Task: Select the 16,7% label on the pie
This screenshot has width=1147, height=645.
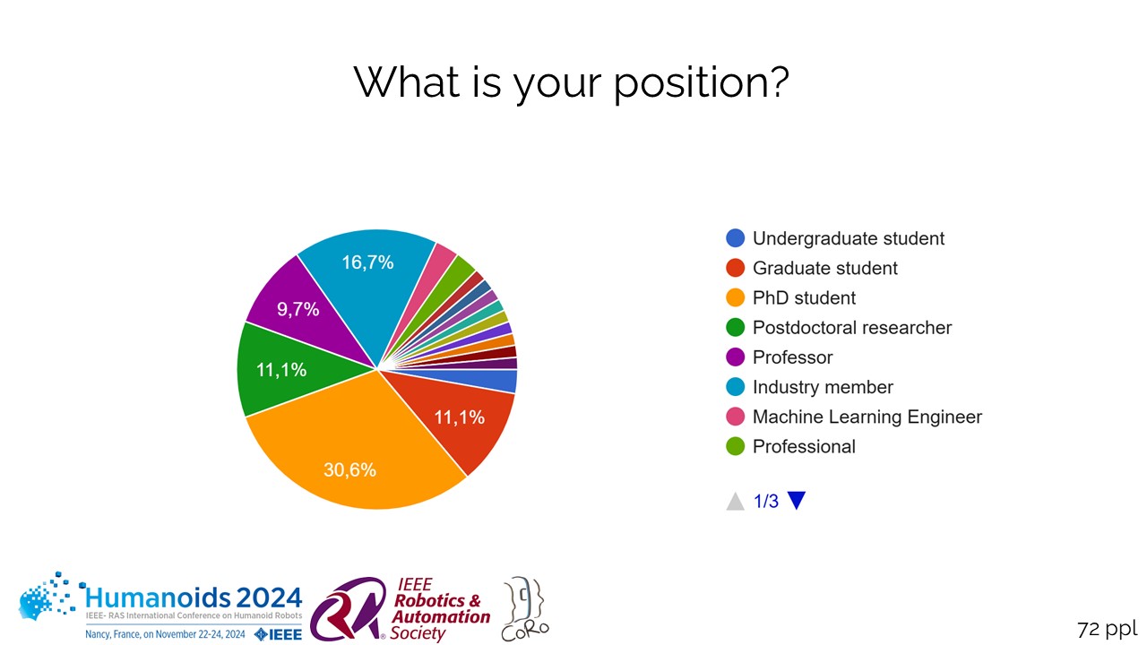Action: [x=367, y=262]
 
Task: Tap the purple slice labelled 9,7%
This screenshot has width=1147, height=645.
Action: [x=298, y=310]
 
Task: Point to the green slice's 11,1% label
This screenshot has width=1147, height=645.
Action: [x=281, y=370]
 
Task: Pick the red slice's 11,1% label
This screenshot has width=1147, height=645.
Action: [x=459, y=417]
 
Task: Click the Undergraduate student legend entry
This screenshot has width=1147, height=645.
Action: [x=848, y=238]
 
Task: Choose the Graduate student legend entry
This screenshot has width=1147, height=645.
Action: [x=824, y=268]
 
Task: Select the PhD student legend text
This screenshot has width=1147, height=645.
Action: [x=804, y=297]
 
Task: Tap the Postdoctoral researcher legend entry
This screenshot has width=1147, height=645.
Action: [x=851, y=327]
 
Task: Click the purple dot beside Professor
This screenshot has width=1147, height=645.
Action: [x=736, y=357]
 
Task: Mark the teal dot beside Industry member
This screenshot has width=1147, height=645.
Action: [x=736, y=387]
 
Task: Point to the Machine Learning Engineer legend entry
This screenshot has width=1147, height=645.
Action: [x=867, y=417]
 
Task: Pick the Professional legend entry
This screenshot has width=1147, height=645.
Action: [x=804, y=446]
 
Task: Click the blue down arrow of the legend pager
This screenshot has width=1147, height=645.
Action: [x=796, y=501]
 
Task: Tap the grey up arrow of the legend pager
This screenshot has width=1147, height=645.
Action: [x=736, y=501]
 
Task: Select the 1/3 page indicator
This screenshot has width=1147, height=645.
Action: [x=766, y=502]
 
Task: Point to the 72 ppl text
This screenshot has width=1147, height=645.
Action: [x=1107, y=628]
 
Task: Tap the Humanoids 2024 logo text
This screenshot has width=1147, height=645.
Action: [x=193, y=597]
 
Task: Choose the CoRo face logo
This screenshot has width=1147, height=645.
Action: [x=525, y=607]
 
